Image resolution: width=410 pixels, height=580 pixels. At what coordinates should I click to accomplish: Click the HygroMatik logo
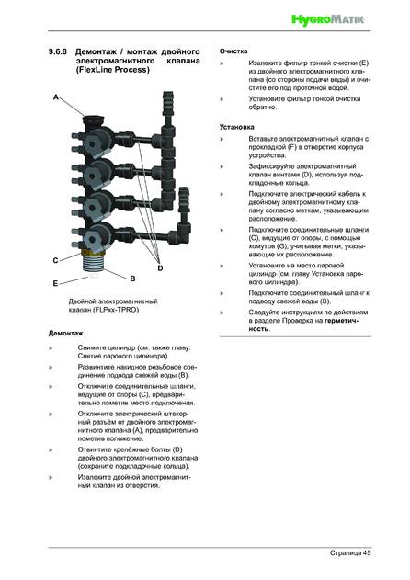click(x=328, y=19)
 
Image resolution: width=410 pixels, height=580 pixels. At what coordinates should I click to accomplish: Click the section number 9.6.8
click(x=57, y=51)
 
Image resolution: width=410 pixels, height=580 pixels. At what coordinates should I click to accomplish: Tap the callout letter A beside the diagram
click(x=56, y=97)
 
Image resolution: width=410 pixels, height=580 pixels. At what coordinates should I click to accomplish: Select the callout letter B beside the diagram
click(x=132, y=279)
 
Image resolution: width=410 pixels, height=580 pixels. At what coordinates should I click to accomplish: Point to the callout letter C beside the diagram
click(x=55, y=260)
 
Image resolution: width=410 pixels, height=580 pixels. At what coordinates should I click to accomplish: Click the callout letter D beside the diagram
click(x=160, y=267)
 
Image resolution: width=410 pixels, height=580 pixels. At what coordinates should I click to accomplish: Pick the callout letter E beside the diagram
click(x=55, y=283)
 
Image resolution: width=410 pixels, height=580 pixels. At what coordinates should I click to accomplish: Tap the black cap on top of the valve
click(x=94, y=120)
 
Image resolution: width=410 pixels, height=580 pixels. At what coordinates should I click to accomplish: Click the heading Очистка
click(x=233, y=51)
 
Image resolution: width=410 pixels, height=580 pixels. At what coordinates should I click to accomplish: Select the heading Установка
click(x=237, y=127)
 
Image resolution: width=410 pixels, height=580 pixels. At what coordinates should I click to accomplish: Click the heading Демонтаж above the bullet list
click(x=65, y=334)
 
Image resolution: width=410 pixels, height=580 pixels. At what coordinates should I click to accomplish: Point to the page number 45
click(x=367, y=552)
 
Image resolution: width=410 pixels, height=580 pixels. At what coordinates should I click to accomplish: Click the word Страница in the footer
click(x=346, y=552)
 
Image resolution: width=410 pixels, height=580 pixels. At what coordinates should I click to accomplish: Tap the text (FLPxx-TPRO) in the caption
click(x=116, y=310)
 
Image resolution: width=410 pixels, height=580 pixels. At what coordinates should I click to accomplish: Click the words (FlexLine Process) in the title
click(x=113, y=70)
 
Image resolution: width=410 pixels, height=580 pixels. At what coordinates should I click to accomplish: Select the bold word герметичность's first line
click(x=342, y=320)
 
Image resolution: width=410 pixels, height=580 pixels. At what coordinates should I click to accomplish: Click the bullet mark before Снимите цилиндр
click(x=51, y=348)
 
